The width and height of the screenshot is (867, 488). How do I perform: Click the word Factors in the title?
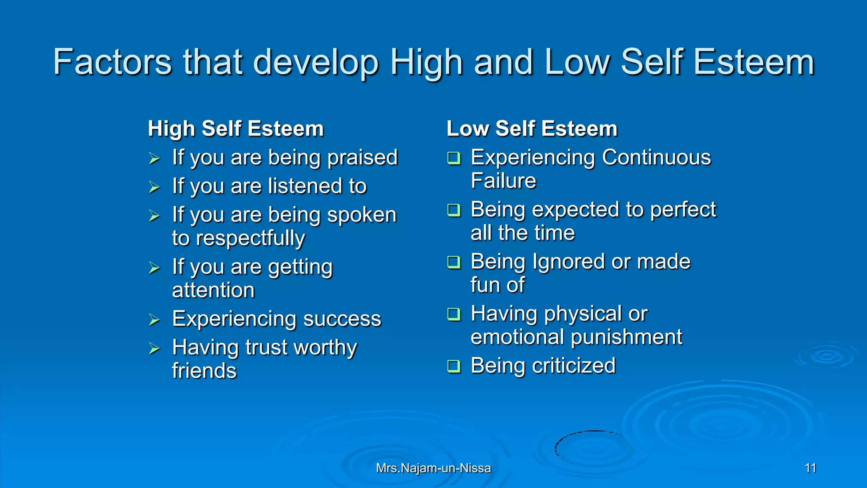point(112,62)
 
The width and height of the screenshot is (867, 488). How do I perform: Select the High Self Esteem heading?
point(235,128)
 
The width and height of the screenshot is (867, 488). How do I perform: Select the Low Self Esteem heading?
point(532,128)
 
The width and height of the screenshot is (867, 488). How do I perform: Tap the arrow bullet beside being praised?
point(154,159)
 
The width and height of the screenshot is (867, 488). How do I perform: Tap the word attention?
point(213,290)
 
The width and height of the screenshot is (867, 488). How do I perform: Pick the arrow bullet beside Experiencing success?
point(154,320)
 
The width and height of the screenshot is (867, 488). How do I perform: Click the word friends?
point(204,371)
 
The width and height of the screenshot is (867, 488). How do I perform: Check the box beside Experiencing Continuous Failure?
point(454,158)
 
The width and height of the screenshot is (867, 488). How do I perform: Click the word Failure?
point(503,181)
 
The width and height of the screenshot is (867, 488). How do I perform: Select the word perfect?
point(682,210)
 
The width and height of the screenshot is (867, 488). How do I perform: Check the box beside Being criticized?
point(454,366)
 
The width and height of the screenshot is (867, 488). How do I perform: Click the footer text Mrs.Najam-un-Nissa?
point(433,468)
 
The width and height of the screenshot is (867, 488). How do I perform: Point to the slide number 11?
point(810,468)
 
